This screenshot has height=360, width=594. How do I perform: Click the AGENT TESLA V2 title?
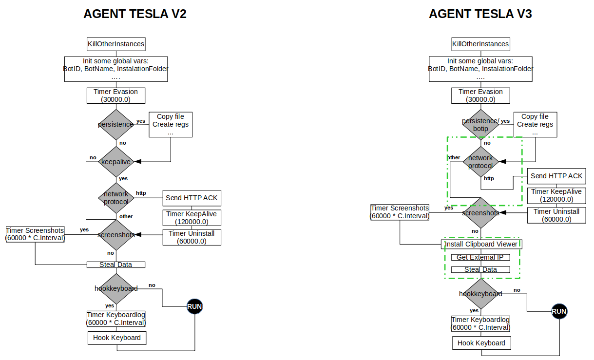point(135,14)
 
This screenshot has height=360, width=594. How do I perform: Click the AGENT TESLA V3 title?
point(480,14)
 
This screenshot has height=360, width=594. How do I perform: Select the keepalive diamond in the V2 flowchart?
point(116,161)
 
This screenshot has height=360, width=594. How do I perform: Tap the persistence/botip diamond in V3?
point(480,124)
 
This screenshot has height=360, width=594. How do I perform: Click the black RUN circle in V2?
point(194,306)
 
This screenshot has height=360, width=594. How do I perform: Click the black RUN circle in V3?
point(559,311)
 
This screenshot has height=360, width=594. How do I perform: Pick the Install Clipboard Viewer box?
point(481,244)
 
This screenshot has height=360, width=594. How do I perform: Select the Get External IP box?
point(480,257)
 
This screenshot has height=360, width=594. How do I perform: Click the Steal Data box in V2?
point(116,265)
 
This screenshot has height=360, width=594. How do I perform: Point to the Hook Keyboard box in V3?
point(481,343)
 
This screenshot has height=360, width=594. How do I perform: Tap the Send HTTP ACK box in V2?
point(192,198)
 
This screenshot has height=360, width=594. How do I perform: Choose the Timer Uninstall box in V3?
point(556,215)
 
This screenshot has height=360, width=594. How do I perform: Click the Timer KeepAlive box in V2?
point(192,217)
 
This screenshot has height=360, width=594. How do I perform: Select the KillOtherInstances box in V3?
point(480,44)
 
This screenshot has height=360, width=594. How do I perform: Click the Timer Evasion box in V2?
point(116,95)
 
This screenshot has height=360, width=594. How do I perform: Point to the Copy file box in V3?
point(535,125)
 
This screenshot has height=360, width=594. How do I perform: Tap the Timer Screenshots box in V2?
point(35,234)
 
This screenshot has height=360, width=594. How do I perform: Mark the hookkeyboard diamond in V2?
point(116,288)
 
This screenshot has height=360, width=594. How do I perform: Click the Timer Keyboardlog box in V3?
point(481,323)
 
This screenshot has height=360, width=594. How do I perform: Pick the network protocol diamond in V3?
point(480,162)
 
